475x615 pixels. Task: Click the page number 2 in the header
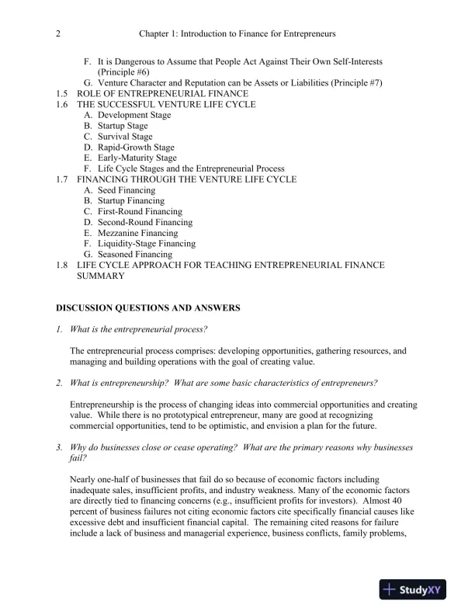[59, 34]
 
